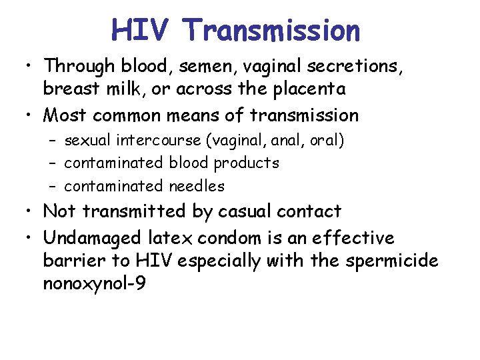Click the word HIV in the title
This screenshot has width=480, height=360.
click(142, 31)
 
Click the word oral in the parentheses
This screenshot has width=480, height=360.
click(327, 141)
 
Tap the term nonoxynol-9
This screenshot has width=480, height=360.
click(93, 283)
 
